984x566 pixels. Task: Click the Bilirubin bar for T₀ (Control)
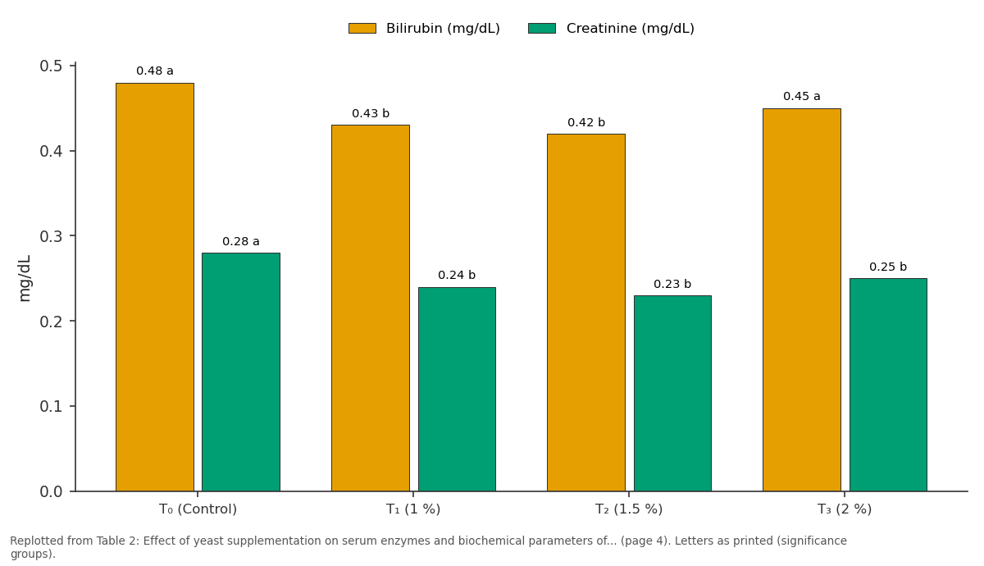pyautogui.click(x=155, y=287)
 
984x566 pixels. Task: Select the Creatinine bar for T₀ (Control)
pyautogui.click(x=241, y=372)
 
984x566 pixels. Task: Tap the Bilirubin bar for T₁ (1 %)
pyautogui.click(x=371, y=308)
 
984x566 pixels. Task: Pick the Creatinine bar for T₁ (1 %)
pyautogui.click(x=457, y=390)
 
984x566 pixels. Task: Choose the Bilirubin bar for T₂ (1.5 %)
pyautogui.click(x=586, y=313)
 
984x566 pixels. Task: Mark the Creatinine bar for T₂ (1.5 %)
pyautogui.click(x=672, y=393)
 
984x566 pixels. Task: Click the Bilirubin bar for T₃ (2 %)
pyautogui.click(x=802, y=299)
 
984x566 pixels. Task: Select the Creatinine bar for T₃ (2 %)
pyautogui.click(x=888, y=385)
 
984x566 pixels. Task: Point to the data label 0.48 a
pyautogui.click(x=155, y=71)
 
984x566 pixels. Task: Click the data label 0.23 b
pyautogui.click(x=672, y=284)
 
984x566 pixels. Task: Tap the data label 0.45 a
pyautogui.click(x=802, y=96)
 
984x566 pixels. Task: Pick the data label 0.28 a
pyautogui.click(x=241, y=241)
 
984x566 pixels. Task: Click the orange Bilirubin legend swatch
pyautogui.click(x=362, y=29)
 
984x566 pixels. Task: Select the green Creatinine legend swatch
pyautogui.click(x=542, y=29)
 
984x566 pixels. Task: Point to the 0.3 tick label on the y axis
pyautogui.click(x=52, y=236)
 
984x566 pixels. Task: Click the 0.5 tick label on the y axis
pyautogui.click(x=52, y=66)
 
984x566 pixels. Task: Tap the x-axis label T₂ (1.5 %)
pyautogui.click(x=629, y=509)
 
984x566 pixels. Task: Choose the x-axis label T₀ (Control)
pyautogui.click(x=198, y=509)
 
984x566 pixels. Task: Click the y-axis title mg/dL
pyautogui.click(x=25, y=278)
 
